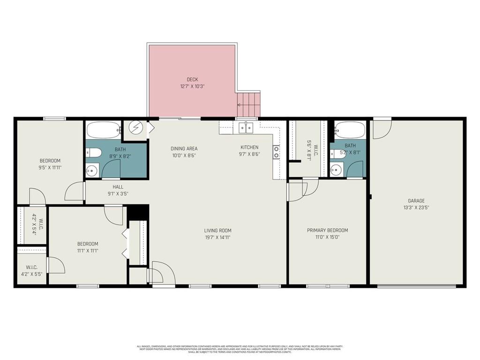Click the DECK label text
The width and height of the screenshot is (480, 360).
tap(192, 79)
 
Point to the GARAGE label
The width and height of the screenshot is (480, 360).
tap(416, 201)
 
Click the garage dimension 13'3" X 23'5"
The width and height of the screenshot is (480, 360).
tap(416, 208)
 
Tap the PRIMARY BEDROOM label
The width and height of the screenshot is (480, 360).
tap(327, 230)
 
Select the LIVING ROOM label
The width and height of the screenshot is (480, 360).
tap(217, 230)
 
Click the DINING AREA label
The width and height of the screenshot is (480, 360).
tap(184, 148)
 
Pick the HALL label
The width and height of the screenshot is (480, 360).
tap(111, 187)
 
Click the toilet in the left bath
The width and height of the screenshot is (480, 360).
tap(92, 152)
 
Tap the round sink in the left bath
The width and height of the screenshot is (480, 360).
tap(92, 170)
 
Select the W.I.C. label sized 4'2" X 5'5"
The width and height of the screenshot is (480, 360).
tap(31, 271)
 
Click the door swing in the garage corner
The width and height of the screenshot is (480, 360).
tap(381, 130)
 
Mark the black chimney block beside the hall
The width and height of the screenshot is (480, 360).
tap(138, 212)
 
